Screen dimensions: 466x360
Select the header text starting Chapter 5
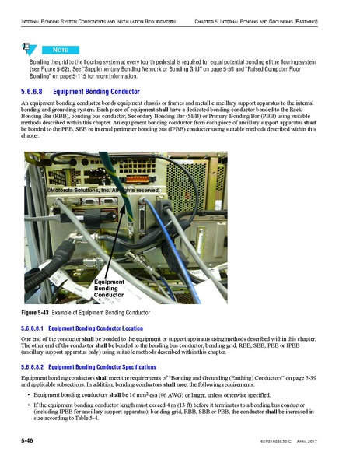click(x=265, y=12)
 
